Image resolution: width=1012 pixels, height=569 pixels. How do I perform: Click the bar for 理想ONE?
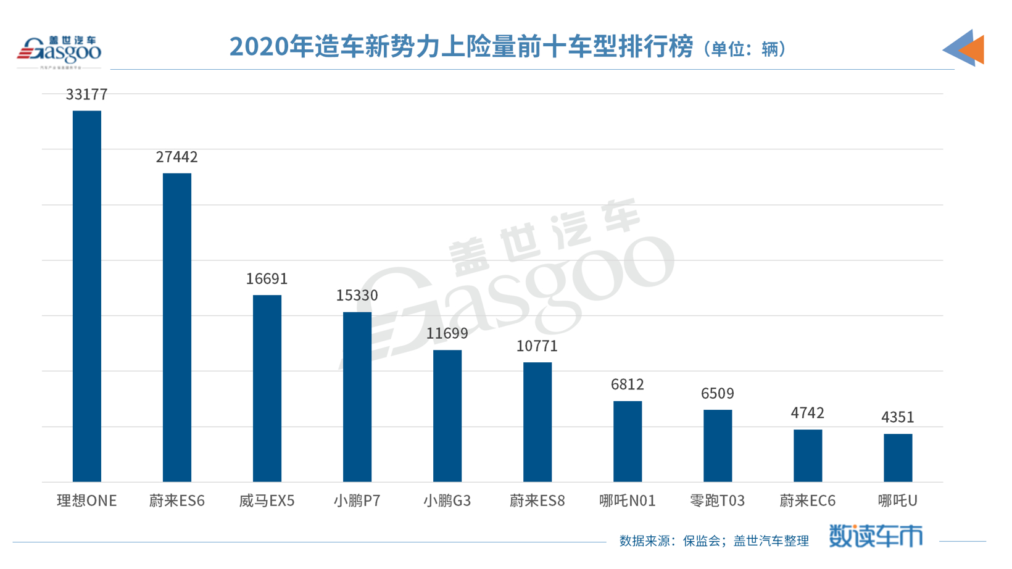pos(87,296)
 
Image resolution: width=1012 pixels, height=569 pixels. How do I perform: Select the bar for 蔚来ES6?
pos(177,327)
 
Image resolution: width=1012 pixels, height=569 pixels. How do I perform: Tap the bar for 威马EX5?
pos(267,388)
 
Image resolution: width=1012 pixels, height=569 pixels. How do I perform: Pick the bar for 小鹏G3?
pos(447,416)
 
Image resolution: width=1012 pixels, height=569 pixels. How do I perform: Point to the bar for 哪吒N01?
pos(628,441)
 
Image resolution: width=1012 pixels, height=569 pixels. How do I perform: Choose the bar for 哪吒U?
pos(898,458)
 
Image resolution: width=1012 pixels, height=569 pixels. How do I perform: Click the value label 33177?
pos(87,94)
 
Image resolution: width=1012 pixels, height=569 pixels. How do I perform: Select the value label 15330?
pos(357,296)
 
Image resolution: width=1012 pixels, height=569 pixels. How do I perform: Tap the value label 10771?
pos(537,346)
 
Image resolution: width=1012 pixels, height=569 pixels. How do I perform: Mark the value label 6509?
pos(718,394)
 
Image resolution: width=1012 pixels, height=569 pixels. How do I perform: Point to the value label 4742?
pos(808,413)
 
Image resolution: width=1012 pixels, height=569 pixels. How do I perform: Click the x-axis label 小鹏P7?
pos(357,500)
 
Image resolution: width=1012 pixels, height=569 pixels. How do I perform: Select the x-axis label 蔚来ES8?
pos(537,500)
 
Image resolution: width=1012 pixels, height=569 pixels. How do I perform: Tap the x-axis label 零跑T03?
pos(718,500)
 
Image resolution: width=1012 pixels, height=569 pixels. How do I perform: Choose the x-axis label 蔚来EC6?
pos(808,500)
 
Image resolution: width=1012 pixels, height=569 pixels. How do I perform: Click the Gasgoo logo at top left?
pos(59,51)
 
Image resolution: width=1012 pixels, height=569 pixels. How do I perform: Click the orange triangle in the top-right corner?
pos(974,49)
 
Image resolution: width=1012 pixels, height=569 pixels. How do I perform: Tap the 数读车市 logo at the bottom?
pos(876,536)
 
